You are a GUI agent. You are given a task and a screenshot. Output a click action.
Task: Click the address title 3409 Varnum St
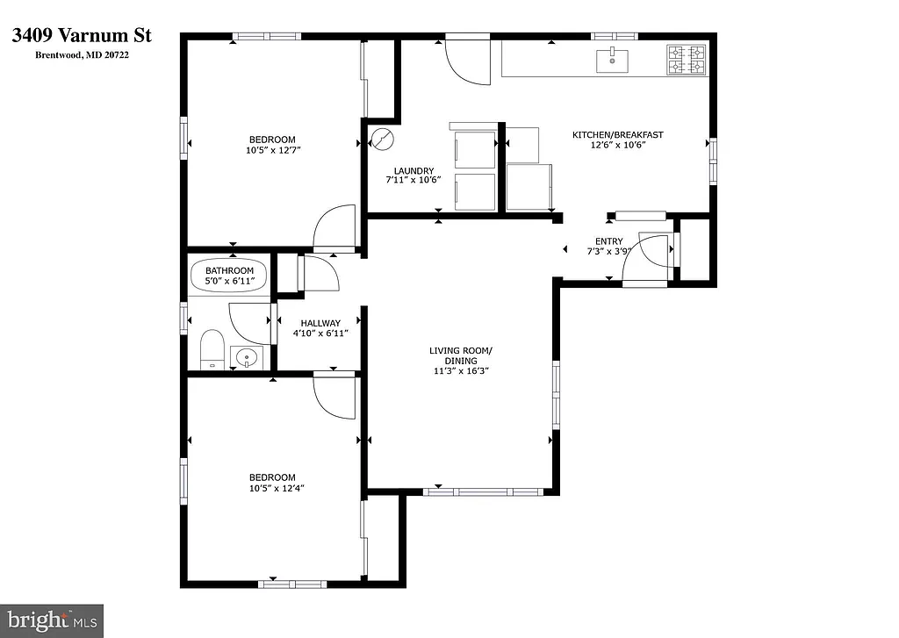(82, 36)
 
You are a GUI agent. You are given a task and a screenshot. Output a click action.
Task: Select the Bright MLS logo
(52, 620)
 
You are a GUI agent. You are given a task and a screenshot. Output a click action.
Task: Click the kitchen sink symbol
(611, 61)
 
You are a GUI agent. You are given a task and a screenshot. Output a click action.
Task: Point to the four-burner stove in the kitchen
(687, 60)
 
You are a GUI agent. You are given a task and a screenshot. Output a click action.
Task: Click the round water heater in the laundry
(383, 139)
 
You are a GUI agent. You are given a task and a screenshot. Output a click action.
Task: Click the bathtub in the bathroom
(230, 276)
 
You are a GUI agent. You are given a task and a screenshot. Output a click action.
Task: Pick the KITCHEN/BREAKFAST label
(617, 134)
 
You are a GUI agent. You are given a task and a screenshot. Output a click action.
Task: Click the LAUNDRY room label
(413, 170)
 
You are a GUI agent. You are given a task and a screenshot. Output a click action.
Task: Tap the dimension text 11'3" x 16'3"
(460, 371)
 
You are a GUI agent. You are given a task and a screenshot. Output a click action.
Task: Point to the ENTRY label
(608, 241)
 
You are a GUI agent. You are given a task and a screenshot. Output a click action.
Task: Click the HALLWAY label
(320, 323)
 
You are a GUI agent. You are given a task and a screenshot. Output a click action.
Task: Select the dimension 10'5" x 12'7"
(271, 150)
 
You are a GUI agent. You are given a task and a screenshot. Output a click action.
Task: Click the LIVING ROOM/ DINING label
(460, 355)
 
